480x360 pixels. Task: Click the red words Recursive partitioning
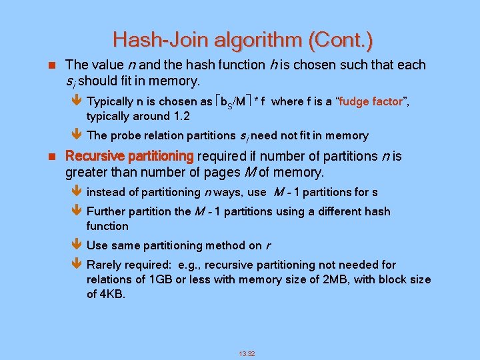point(129,156)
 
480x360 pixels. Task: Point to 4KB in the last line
point(111,294)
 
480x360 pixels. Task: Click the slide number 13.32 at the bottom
point(247,352)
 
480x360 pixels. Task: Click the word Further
point(107,211)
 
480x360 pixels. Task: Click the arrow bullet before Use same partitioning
point(74,245)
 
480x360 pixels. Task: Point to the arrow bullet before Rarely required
point(74,265)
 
